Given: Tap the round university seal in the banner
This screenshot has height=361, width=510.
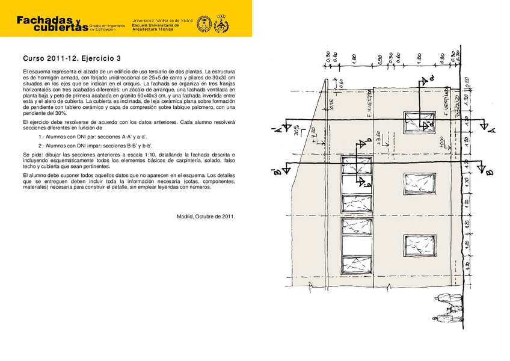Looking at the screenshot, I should coord(203,24).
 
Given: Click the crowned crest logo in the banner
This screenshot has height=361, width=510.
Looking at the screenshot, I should coord(221,24).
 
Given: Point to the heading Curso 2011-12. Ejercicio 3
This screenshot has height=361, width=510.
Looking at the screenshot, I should coord(72,59).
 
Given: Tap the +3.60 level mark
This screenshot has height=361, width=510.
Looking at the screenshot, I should coord(377,139).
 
